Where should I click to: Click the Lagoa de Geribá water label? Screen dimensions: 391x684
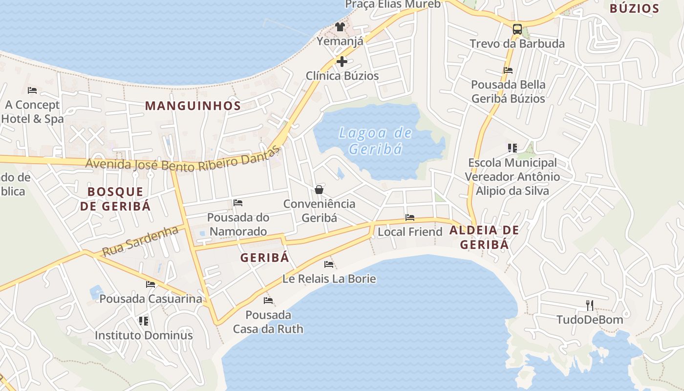(375, 141)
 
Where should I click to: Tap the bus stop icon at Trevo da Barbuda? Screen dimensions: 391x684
(517, 29)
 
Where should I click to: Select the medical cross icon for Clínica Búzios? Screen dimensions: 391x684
(342, 62)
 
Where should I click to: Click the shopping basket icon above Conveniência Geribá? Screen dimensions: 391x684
(319, 190)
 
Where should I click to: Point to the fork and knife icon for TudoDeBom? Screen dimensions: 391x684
(590, 305)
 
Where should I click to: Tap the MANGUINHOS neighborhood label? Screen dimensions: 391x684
(193, 106)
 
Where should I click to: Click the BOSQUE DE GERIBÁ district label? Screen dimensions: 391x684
(115, 198)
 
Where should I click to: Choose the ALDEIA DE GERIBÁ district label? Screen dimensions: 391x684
(484, 237)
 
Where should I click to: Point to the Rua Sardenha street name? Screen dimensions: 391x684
(140, 241)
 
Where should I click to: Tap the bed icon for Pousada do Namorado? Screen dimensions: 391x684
(238, 203)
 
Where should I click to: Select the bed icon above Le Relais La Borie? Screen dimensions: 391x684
(329, 264)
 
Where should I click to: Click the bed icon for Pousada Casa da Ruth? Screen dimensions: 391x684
(268, 300)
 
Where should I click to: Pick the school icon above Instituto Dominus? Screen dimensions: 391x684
(144, 321)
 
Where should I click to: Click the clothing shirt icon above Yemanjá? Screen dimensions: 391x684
(340, 27)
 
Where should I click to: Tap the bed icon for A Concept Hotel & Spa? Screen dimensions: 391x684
(32, 90)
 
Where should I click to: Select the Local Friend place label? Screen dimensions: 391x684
(410, 232)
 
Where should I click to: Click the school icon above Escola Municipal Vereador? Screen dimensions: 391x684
(512, 148)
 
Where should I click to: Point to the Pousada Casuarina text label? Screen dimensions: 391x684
(150, 298)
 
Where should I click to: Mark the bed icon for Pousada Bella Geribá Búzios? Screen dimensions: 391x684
(508, 70)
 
